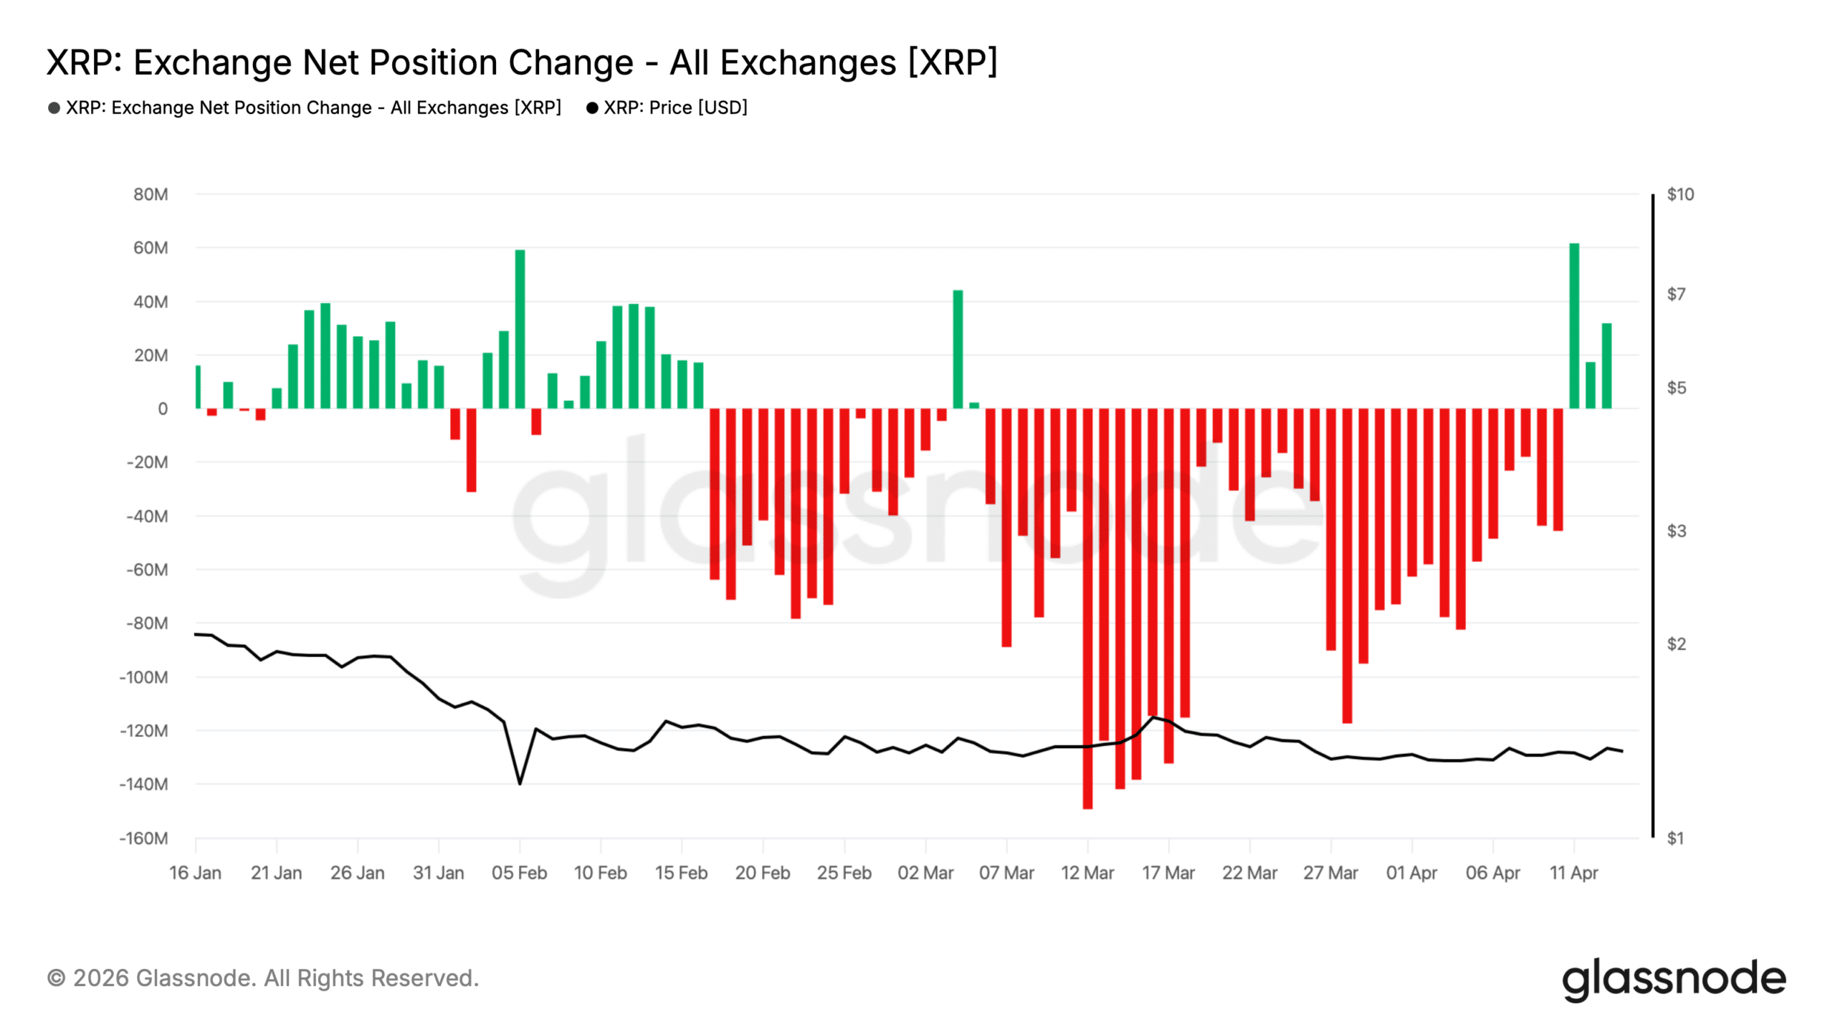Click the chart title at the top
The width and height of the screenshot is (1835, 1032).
click(522, 62)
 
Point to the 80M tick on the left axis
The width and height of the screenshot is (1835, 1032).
click(151, 194)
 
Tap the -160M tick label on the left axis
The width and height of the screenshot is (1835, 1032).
click(143, 838)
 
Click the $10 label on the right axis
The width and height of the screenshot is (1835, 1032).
click(1680, 194)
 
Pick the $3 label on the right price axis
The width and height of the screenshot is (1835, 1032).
click(1676, 531)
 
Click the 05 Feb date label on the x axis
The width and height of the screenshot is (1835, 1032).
click(519, 873)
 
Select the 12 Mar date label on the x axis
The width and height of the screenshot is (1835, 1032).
click(1087, 873)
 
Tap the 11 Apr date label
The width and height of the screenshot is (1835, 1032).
click(1573, 873)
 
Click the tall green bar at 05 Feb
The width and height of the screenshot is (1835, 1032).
click(520, 330)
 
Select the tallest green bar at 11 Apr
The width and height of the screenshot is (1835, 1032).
click(1573, 326)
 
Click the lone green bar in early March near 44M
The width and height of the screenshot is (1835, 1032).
click(958, 349)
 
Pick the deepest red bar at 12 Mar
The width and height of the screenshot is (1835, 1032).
click(1087, 609)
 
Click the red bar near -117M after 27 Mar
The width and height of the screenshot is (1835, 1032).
click(1347, 566)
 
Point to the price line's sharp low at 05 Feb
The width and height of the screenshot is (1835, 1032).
click(520, 783)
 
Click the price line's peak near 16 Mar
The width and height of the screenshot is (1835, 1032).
click(1153, 717)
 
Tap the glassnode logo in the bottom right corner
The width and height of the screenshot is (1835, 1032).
click(1673, 979)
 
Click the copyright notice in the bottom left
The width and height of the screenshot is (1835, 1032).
click(262, 978)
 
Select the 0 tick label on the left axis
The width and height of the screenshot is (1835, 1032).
click(163, 408)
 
